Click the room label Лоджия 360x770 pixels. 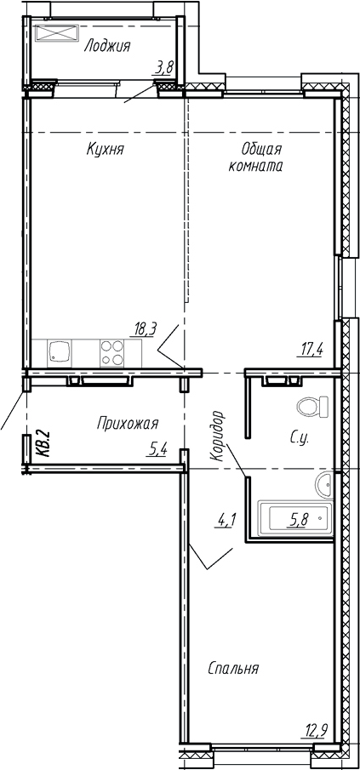coord(106,47)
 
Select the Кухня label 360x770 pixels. coord(106,149)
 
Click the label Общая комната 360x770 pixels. coord(255,158)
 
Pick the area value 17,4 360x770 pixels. coord(311,347)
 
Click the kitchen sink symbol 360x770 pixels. coord(59,351)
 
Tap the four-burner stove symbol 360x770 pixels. coord(111,352)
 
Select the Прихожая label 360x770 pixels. coord(127,422)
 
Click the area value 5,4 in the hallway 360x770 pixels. coord(157,449)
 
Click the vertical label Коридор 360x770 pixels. coord(219,436)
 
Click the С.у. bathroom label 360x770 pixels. coord(299,439)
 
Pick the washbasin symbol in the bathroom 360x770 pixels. coord(324,485)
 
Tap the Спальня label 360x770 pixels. coord(233,668)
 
